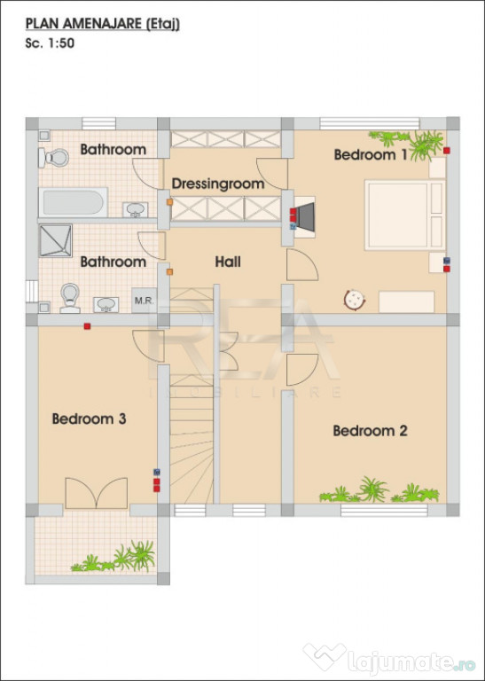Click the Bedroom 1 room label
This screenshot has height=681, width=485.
(x=371, y=154)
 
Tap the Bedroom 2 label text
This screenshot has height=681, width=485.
(x=370, y=431)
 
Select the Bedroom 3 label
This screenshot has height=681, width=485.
(x=89, y=419)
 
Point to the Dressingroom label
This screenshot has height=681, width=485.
(x=218, y=184)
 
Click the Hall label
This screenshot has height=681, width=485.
(x=228, y=262)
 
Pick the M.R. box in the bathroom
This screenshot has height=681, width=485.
(x=145, y=300)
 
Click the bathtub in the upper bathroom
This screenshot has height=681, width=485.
(x=73, y=202)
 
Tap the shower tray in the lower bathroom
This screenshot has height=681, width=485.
(x=56, y=240)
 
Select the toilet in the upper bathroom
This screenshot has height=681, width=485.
(x=53, y=158)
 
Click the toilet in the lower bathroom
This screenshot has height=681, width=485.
(x=70, y=298)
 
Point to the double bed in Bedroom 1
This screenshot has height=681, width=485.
(x=405, y=215)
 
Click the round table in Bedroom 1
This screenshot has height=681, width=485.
(x=355, y=300)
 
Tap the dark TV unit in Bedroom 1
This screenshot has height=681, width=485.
(x=305, y=216)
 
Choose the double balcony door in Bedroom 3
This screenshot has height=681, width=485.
(x=97, y=493)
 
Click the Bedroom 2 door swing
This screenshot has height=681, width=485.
(x=302, y=370)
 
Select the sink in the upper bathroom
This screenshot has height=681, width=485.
(x=136, y=210)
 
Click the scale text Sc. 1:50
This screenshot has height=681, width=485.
(x=50, y=43)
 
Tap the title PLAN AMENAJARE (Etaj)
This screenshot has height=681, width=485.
(x=103, y=24)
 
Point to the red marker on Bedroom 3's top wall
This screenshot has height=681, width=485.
(x=87, y=326)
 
